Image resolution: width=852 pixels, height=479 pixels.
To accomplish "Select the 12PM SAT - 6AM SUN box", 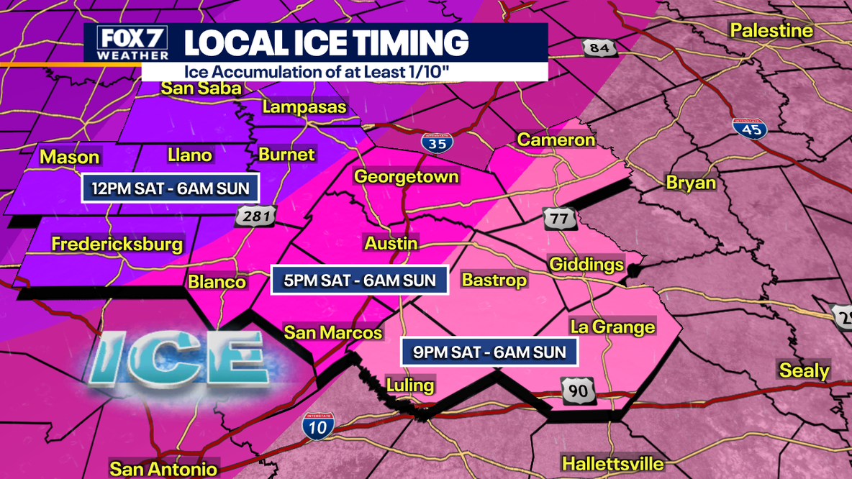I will tap(171, 189).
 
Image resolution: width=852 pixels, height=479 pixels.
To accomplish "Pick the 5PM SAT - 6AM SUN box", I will tap(359, 280).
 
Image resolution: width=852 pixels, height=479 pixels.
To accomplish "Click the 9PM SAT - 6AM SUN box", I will tap(489, 352).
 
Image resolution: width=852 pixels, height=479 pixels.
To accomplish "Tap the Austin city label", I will tap(391, 243).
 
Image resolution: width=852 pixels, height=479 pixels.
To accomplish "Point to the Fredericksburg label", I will tap(117, 245).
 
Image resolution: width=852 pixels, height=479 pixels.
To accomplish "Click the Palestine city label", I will tap(771, 30).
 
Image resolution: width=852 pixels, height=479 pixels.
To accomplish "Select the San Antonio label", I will tap(163, 469).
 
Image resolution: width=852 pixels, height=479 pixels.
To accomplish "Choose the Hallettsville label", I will tap(612, 462).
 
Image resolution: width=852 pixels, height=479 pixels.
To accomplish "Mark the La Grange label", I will tap(612, 327).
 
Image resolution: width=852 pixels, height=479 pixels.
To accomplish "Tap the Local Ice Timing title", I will tap(326, 42).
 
